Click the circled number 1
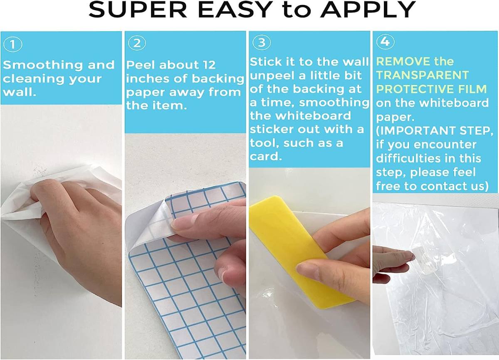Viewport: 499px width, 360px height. pyautogui.click(x=13, y=44)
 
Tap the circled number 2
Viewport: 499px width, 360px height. pyautogui.click(x=137, y=43)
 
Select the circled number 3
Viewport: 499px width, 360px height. pyautogui.click(x=262, y=42)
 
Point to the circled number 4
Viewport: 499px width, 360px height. pyautogui.click(x=385, y=42)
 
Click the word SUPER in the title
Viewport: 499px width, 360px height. pyautogui.click(x=138, y=10)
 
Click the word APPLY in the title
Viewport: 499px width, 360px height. pyautogui.click(x=368, y=10)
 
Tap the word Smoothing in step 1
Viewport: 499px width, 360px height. pyautogui.click(x=43, y=65)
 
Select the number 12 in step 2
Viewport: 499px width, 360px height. pyautogui.click(x=209, y=65)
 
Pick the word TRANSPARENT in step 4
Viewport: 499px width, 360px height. pyautogui.click(x=422, y=75)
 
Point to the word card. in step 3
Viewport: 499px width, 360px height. pyautogui.click(x=266, y=156)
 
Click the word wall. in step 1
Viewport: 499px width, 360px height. pyautogui.click(x=20, y=92)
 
